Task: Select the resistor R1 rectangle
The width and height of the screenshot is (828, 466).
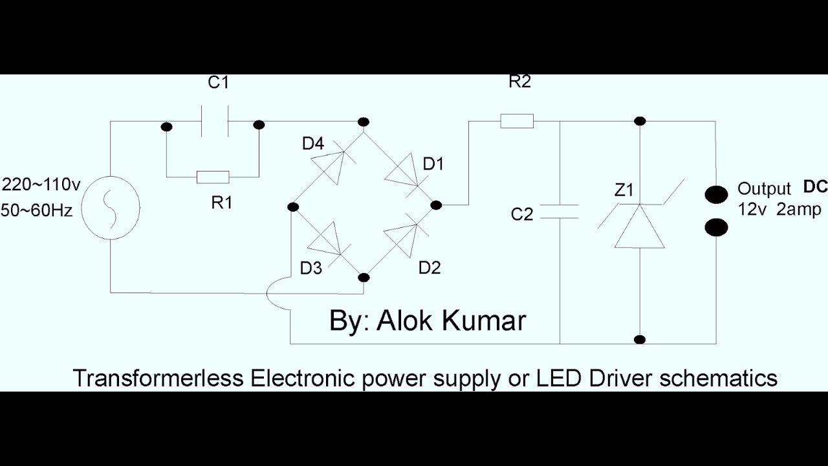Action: point(213,176)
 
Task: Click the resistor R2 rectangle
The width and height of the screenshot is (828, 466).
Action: point(517,121)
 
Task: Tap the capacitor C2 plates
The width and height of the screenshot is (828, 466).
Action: point(559,212)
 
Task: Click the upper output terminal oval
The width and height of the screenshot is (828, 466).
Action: point(717,194)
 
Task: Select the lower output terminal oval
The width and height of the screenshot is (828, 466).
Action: point(717,227)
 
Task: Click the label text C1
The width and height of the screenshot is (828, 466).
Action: point(218,83)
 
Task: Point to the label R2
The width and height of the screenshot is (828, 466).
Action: point(519,82)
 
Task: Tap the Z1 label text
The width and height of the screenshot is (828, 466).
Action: point(624,190)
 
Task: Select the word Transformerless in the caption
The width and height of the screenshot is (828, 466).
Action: point(158,377)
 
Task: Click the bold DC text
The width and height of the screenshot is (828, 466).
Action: point(815,187)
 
